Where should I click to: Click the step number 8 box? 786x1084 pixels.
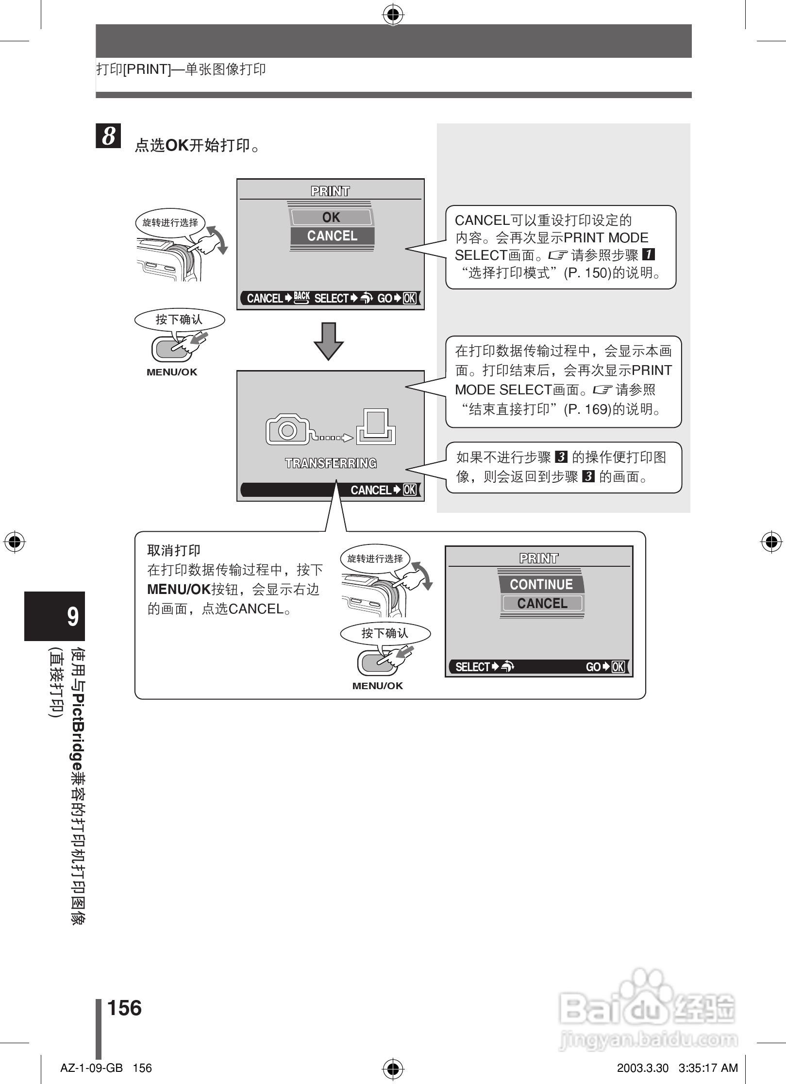pos(108,135)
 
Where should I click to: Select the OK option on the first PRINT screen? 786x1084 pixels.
pos(332,217)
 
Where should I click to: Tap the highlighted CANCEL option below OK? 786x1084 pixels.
pos(332,236)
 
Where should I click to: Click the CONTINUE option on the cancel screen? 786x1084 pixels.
pos(541,584)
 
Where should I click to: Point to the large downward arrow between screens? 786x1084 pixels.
pos(329,340)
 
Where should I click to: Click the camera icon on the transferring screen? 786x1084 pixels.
pos(287,429)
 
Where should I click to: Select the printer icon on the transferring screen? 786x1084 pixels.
pos(376,427)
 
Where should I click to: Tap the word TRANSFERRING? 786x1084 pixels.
pos(331,463)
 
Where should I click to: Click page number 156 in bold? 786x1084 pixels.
pos(124,1008)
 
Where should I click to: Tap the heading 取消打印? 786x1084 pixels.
pos(174,550)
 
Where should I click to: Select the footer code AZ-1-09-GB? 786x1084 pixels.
pos(91,1068)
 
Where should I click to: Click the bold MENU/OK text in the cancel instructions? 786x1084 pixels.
pos(179,590)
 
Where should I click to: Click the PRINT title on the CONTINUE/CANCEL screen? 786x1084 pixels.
pos(539,559)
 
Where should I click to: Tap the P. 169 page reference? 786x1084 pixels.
pos(586,409)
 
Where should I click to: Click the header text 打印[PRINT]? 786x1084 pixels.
pos(134,69)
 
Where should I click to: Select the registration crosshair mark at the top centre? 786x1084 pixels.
pos(393,16)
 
